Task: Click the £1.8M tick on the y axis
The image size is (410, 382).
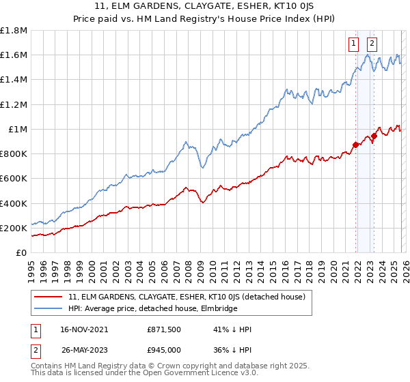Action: pyautogui.click(x=14, y=31)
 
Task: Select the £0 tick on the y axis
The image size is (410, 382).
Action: pyautogui.click(x=21, y=252)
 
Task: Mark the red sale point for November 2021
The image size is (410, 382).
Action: pyautogui.click(x=356, y=145)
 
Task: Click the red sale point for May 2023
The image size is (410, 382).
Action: pyautogui.click(x=374, y=135)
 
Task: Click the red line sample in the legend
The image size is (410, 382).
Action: pyautogui.click(x=49, y=297)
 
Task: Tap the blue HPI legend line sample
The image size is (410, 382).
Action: pyautogui.click(x=49, y=308)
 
